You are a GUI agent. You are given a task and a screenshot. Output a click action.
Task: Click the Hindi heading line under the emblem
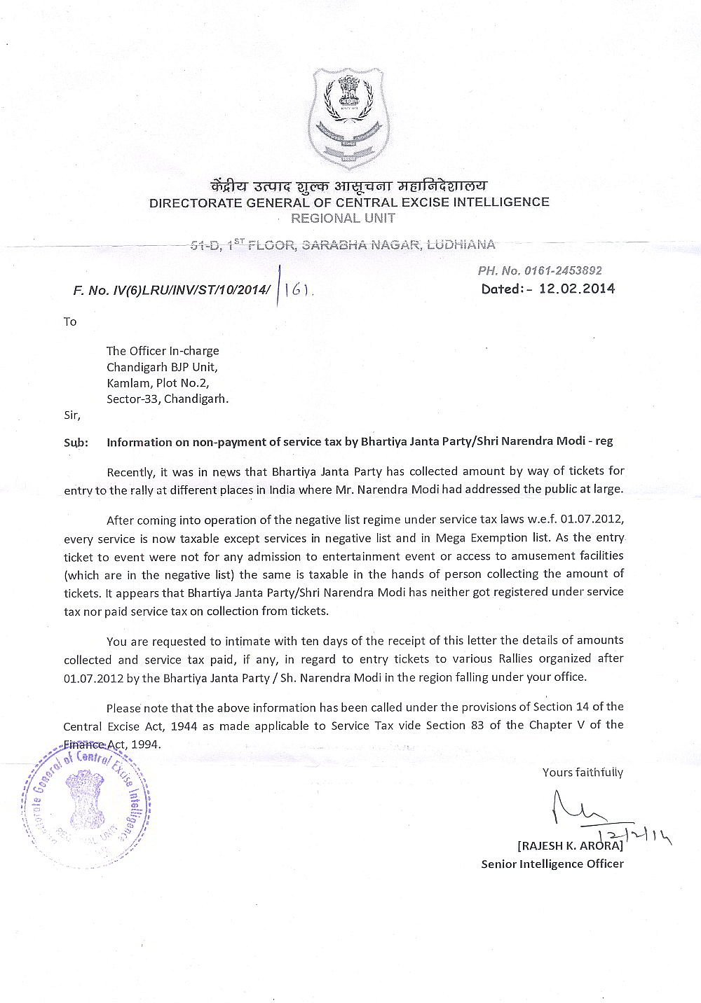coord(348,186)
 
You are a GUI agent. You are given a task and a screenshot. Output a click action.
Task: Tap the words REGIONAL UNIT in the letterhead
coord(343,218)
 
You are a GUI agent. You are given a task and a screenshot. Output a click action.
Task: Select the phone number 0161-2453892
coord(559,271)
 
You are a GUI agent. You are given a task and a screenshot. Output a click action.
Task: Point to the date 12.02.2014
coord(576,288)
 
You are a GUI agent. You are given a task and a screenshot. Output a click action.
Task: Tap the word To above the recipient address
coord(70,321)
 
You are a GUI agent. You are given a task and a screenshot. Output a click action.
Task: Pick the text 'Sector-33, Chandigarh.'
coord(168,399)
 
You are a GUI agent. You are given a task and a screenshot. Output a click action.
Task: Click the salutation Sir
coord(72,415)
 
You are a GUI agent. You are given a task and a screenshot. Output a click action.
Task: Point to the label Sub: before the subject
coord(76,443)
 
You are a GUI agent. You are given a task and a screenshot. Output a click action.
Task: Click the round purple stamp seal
coord(86,803)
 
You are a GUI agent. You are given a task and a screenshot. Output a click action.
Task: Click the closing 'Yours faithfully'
coord(583,773)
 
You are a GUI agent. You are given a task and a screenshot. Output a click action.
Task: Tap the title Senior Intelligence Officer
coord(552,864)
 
